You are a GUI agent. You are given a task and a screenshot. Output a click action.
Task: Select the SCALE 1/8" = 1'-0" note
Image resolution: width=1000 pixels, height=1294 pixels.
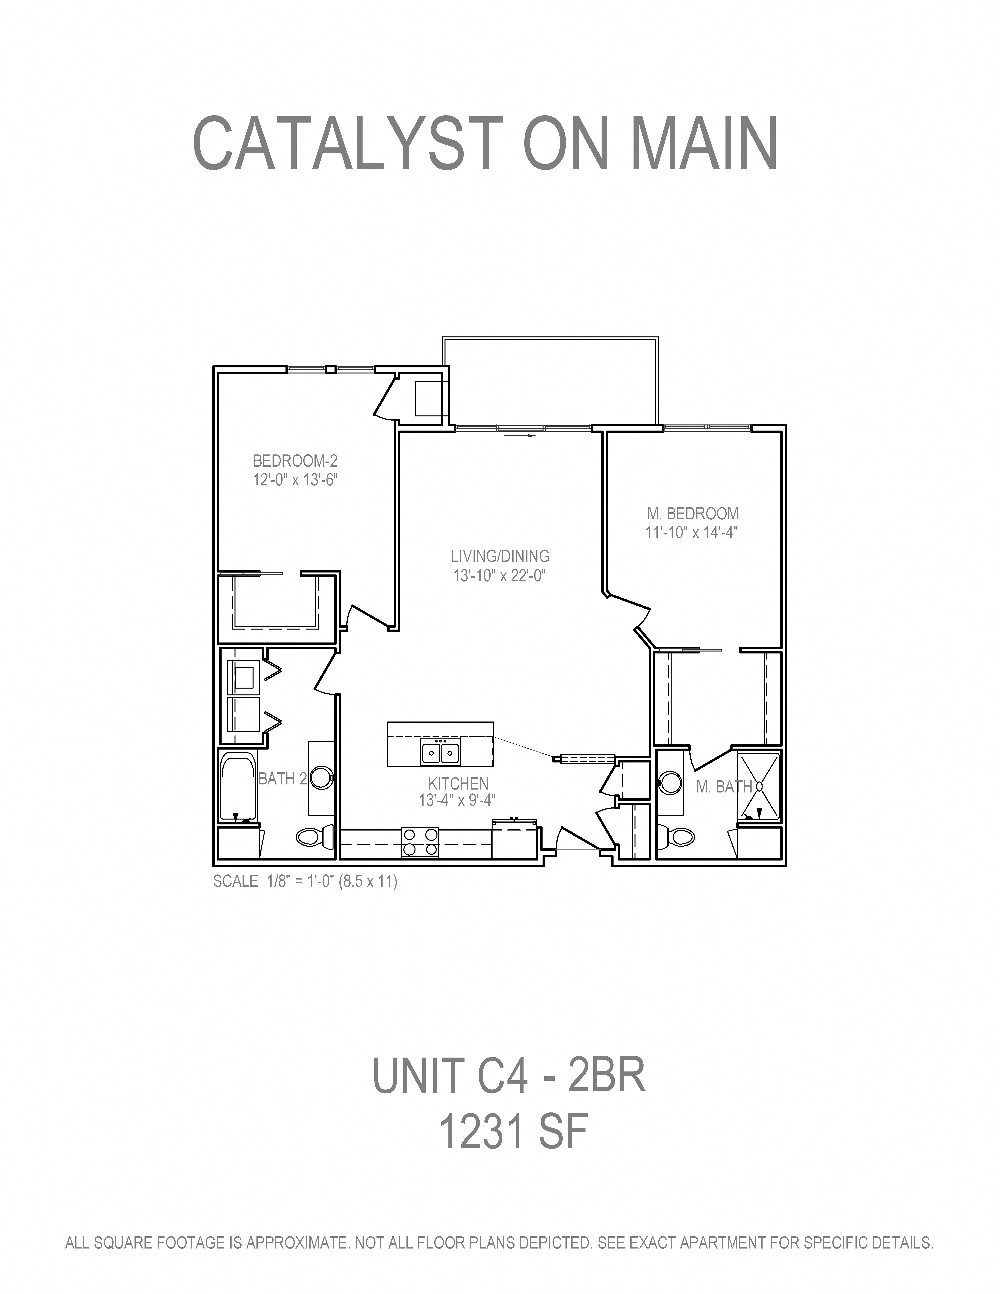305,881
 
